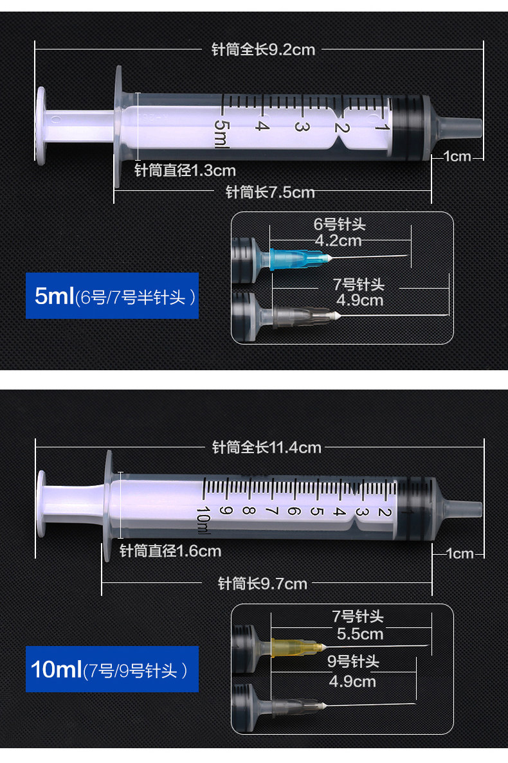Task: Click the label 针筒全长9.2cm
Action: [x=263, y=49]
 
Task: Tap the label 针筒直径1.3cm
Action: [x=185, y=170]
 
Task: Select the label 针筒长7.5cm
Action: [x=270, y=192]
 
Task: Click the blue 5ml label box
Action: [x=112, y=296]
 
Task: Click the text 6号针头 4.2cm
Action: [x=339, y=232]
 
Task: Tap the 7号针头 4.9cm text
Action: [x=359, y=292]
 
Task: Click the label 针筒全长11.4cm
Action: [x=266, y=447]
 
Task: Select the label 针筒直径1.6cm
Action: [x=170, y=551]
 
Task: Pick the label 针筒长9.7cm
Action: [x=262, y=584]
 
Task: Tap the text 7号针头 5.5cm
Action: [x=359, y=625]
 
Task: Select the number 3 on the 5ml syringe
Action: [x=298, y=126]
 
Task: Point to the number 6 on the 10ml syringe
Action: [x=293, y=512]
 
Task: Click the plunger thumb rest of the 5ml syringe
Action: [x=41, y=123]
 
